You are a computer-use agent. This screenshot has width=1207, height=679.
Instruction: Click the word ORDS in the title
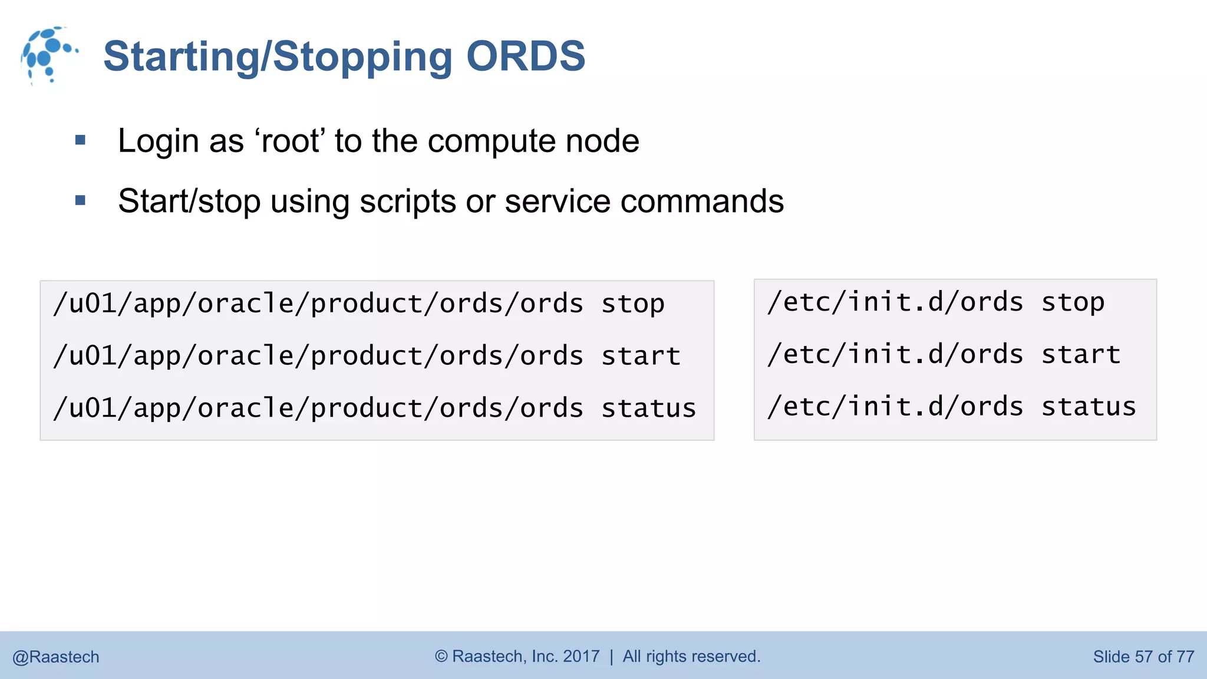(x=525, y=57)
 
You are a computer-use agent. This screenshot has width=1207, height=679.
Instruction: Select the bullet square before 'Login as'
(x=81, y=141)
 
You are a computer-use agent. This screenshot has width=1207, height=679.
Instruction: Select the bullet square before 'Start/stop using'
(x=81, y=201)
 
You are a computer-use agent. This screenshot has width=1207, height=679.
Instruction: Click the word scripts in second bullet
(x=407, y=202)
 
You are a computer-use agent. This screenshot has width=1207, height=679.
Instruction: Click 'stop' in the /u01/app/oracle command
(x=633, y=304)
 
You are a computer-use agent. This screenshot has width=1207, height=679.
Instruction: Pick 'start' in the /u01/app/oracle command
(x=641, y=357)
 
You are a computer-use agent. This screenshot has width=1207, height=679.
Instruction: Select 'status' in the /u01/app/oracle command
(x=648, y=408)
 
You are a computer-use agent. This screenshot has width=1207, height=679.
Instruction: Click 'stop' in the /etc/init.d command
(x=1073, y=302)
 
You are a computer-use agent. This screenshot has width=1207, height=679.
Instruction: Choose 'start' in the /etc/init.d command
(x=1081, y=355)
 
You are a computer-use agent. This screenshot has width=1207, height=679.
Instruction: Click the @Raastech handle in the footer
(x=56, y=657)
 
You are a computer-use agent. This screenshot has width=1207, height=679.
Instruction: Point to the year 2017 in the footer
(x=581, y=657)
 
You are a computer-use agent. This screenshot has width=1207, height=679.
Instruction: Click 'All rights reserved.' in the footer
(x=691, y=657)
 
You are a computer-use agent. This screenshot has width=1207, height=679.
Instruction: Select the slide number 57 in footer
(x=1143, y=657)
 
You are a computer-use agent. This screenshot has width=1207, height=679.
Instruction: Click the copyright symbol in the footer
(x=441, y=657)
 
